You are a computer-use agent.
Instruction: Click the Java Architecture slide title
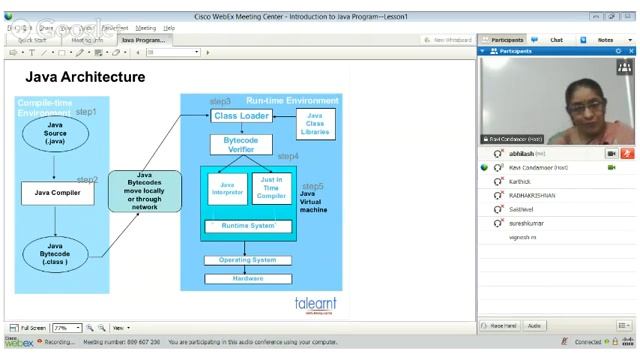click(85, 77)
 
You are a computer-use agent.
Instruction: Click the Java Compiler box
click(57, 192)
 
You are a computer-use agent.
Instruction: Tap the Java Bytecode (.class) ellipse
click(56, 254)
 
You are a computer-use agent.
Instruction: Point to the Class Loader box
click(241, 116)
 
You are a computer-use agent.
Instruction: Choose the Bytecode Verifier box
click(240, 144)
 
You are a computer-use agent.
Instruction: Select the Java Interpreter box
click(228, 189)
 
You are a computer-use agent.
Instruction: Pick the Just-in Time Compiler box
click(272, 189)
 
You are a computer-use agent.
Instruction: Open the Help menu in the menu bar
click(169, 28)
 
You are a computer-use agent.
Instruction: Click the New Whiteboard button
click(449, 40)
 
